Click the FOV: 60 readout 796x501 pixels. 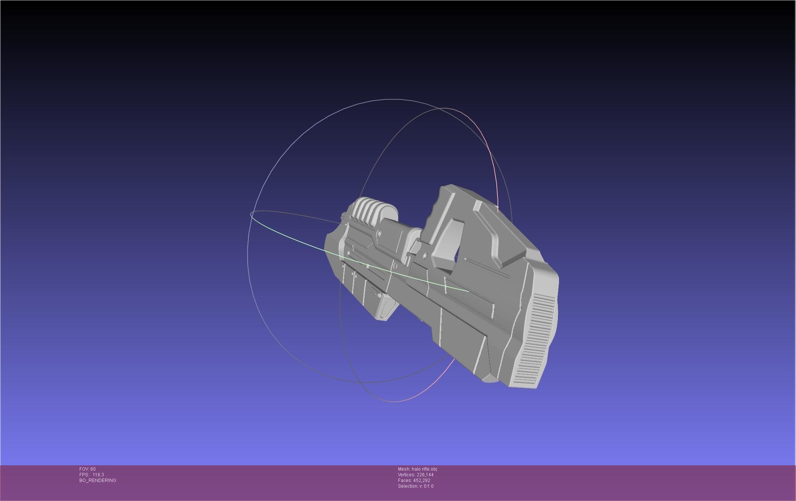click(87, 469)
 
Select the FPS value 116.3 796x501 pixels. click(98, 475)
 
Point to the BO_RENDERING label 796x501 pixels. click(98, 481)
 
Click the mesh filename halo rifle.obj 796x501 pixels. click(424, 469)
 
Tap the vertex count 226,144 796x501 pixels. click(425, 475)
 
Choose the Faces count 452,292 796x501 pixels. click(422, 481)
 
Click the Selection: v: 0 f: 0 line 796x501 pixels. click(415, 486)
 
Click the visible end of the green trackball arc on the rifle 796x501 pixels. click(468, 291)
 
